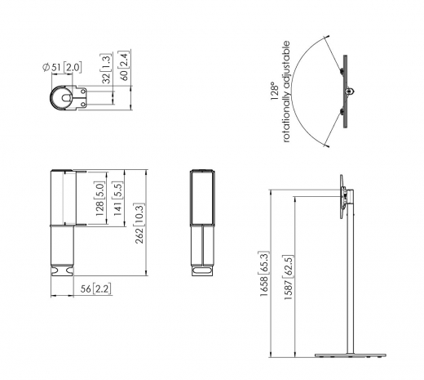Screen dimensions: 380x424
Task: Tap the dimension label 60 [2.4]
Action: (122, 65)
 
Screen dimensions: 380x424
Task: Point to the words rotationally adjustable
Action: (286, 89)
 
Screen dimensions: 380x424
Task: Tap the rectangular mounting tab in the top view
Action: (85, 98)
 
